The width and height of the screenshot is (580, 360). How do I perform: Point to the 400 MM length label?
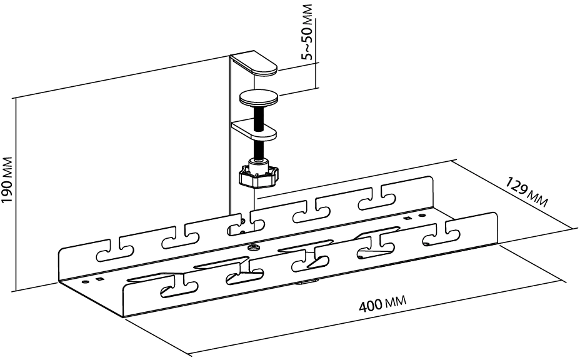[382, 306]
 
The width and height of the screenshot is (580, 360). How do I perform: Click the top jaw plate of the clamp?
[256, 65]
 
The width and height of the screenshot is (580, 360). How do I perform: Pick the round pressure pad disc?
[259, 97]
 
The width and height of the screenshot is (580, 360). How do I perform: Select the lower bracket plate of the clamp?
[256, 129]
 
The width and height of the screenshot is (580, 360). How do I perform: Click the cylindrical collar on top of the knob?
[259, 163]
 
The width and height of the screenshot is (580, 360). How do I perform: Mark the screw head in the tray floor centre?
[252, 247]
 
